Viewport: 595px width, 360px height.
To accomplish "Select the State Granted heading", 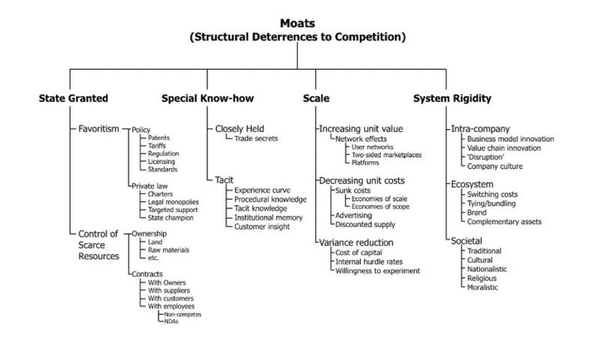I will [74, 98].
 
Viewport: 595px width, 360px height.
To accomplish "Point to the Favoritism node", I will [98, 129].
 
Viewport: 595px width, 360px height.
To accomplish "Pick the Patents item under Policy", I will [159, 138].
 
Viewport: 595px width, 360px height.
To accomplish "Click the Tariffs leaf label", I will [158, 146].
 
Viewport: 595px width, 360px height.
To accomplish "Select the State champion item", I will [171, 218].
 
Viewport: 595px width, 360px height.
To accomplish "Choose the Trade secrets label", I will [256, 138].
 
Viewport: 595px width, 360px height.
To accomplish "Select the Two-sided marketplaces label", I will [387, 155].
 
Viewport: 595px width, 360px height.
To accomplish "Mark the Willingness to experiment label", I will [377, 270].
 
